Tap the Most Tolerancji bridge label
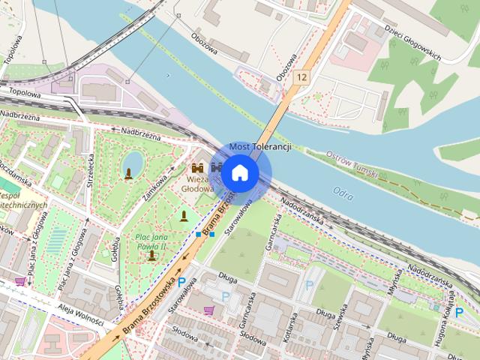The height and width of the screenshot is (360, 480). (259, 146)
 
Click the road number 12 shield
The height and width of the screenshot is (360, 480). (301, 77)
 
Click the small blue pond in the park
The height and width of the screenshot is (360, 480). (133, 160)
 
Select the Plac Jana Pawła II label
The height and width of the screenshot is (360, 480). (154, 241)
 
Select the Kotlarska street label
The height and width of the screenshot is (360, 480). (289, 337)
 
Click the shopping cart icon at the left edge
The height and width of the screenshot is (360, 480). (20, 282)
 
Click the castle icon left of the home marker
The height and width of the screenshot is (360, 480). (198, 168)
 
